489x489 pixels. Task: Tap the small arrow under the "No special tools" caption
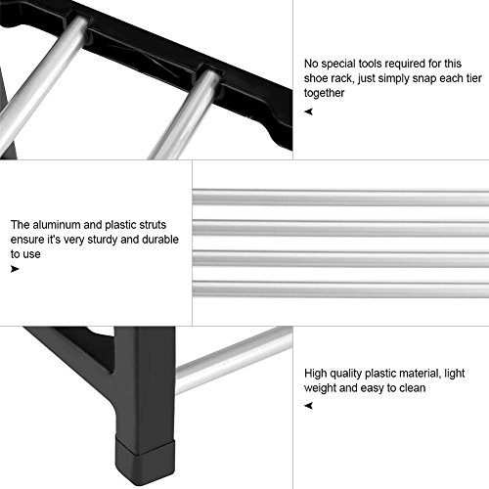[309, 111]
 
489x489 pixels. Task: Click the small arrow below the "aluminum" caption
[15, 267]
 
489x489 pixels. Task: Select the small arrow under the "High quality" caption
[309, 407]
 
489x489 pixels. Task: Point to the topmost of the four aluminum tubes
[341, 200]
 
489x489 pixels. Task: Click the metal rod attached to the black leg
[235, 358]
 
